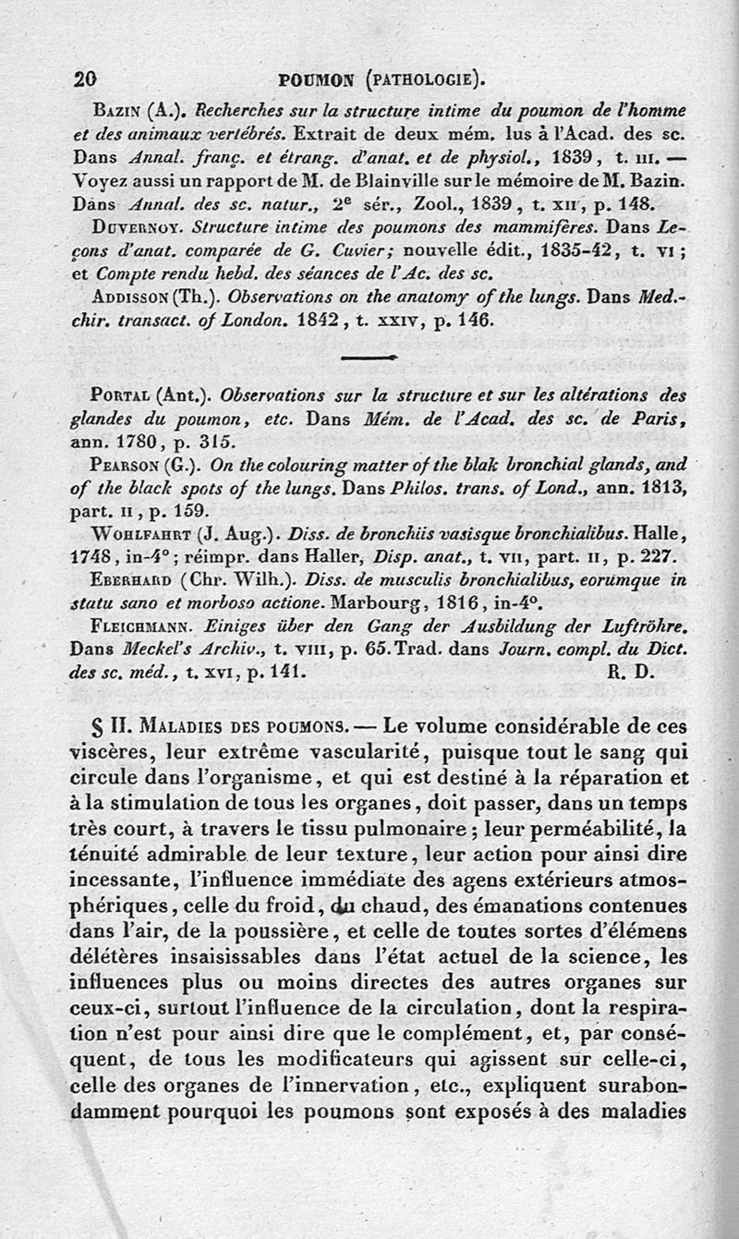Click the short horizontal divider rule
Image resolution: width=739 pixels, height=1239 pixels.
click(369, 356)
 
